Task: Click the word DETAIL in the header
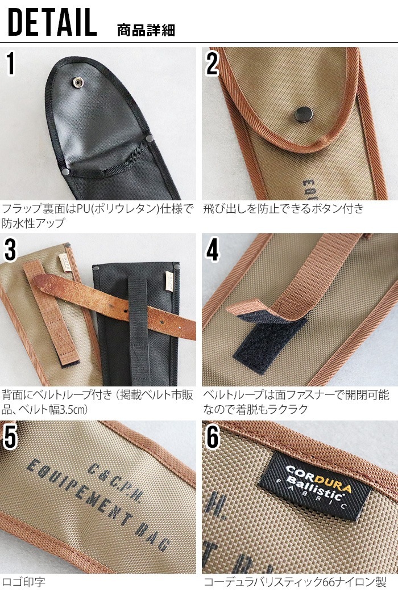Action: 52,23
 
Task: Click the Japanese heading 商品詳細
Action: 146,30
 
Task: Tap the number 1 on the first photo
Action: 11,65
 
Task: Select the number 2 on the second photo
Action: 212,65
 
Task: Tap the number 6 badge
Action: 213,436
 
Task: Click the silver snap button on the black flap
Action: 77,83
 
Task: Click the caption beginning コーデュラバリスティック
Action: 295,582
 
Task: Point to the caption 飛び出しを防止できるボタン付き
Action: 283,209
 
